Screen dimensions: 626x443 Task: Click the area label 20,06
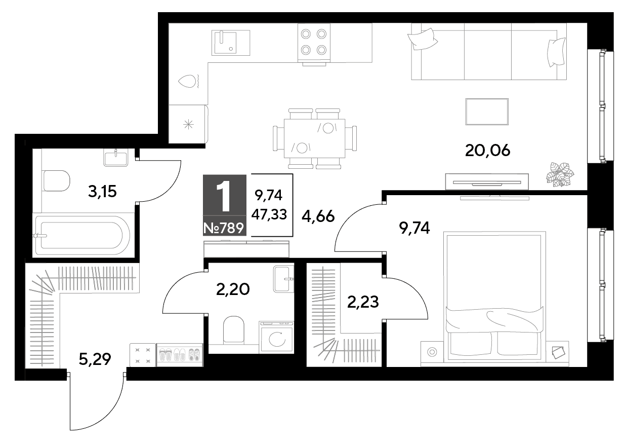point(487,151)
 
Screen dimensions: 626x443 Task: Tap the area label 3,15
point(102,192)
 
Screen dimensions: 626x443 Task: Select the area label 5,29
point(95,359)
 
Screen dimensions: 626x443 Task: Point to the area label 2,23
point(363,302)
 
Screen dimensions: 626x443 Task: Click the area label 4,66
point(318,216)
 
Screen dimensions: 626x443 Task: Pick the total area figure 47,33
point(269,214)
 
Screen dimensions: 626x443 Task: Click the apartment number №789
point(224,228)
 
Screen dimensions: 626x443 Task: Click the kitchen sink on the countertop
point(231,43)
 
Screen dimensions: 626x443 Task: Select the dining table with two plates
point(314,138)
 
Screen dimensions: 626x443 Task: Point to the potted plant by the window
point(560,174)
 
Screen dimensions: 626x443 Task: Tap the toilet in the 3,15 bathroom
point(56,181)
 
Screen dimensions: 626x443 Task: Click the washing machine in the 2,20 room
point(276,337)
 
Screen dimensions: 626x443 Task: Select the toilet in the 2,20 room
point(234,329)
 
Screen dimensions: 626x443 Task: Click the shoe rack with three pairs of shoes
point(180,355)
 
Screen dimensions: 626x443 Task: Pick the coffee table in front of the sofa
point(487,112)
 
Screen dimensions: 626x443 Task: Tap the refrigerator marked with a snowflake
point(189,124)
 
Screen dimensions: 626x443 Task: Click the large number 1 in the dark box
point(224,195)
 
